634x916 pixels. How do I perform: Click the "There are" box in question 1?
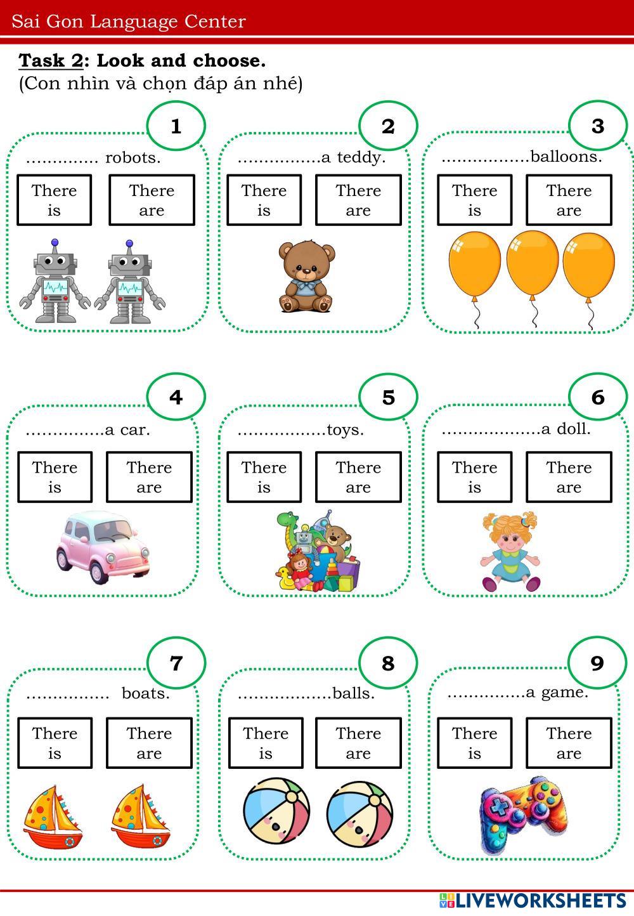[x=152, y=200]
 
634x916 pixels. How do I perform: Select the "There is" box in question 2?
[x=264, y=200]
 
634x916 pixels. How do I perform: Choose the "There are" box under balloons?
[x=569, y=200]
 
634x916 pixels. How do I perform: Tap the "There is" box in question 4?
[x=55, y=477]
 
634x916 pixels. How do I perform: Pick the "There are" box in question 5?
[x=358, y=477]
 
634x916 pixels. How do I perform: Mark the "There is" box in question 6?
[x=474, y=477]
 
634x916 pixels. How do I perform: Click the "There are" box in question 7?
[x=149, y=743]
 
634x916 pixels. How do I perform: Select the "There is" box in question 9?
[x=474, y=743]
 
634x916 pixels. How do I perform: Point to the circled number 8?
[x=388, y=664]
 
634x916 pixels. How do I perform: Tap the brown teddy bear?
[x=306, y=277]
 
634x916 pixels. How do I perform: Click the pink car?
[x=103, y=547]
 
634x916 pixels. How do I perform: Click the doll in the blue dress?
[x=510, y=551]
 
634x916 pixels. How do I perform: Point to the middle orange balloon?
[x=533, y=263]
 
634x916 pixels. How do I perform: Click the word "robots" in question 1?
[x=133, y=158]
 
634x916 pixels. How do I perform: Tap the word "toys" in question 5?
[x=345, y=430]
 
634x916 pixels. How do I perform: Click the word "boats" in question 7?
[x=146, y=693]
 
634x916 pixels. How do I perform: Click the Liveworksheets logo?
[x=533, y=900]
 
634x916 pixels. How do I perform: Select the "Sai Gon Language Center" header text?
[x=129, y=22]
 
